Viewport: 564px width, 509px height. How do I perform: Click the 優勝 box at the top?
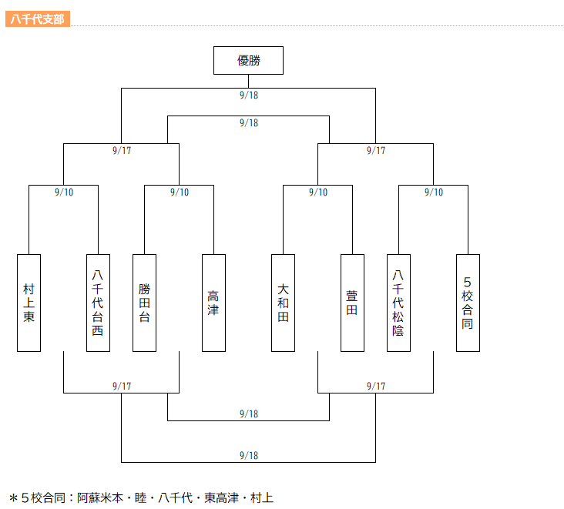pyautogui.click(x=248, y=60)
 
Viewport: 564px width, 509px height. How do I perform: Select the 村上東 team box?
pyautogui.click(x=29, y=303)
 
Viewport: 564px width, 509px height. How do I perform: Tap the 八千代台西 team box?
pyautogui.click(x=98, y=303)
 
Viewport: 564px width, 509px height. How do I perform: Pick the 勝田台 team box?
pyautogui.click(x=144, y=303)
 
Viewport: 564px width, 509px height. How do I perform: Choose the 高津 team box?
pyautogui.click(x=213, y=303)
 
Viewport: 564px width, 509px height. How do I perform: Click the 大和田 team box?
pyautogui.click(x=283, y=303)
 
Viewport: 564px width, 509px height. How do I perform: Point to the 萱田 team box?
pyautogui.click(x=352, y=303)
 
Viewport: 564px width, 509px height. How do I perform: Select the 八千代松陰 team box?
pyautogui.click(x=398, y=303)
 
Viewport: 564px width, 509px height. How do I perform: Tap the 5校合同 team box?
pyautogui.click(x=468, y=303)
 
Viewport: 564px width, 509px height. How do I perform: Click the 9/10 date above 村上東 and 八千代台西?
pyautogui.click(x=64, y=193)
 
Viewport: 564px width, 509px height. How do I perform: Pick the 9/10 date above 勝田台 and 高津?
pyautogui.click(x=180, y=193)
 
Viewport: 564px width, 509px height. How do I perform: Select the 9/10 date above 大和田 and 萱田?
pyautogui.click(x=318, y=193)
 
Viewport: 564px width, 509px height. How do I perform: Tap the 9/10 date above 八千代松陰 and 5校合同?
pyautogui.click(x=434, y=193)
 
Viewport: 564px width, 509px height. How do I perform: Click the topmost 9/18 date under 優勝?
pyautogui.click(x=249, y=95)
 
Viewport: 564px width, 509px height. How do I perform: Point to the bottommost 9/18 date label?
pyautogui.click(x=249, y=455)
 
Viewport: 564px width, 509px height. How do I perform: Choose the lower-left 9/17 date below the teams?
pyautogui.click(x=122, y=386)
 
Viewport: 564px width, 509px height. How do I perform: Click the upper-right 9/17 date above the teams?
pyautogui.click(x=376, y=150)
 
